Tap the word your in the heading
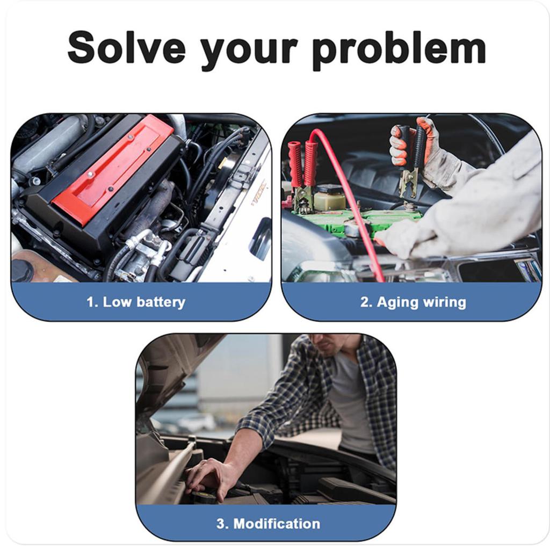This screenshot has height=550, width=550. [x=249, y=49]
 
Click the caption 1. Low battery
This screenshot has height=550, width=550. [x=136, y=302]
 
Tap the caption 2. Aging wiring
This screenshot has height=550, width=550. [x=413, y=302]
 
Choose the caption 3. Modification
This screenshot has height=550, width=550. [x=268, y=523]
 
